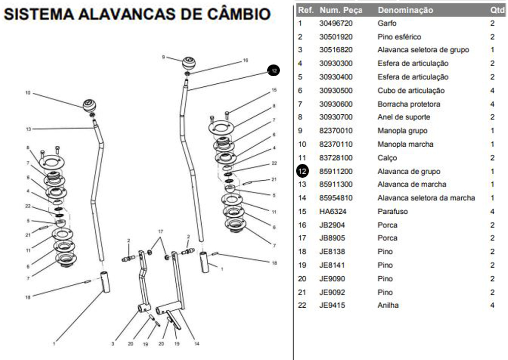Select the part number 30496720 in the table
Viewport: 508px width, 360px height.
[336, 23]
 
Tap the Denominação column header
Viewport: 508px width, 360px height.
[405, 10]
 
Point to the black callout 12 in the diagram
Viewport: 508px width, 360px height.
[274, 71]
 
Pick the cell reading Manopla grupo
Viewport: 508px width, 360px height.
[402, 130]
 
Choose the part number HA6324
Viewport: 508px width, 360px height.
[332, 211]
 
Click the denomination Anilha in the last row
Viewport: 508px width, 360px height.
[388, 305]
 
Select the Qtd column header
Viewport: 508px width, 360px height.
[497, 10]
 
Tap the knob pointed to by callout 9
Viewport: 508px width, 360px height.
[189, 64]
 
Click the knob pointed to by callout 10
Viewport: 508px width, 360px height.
[90, 106]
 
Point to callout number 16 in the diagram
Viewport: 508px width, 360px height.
[245, 60]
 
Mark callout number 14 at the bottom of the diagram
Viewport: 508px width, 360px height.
[197, 344]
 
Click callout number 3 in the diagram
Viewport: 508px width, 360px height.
[113, 344]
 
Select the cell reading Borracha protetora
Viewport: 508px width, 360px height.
[409, 104]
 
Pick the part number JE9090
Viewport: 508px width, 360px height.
[332, 278]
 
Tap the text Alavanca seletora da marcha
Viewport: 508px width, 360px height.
[426, 198]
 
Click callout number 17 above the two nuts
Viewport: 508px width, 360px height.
[161, 232]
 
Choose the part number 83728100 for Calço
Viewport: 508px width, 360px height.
[336, 158]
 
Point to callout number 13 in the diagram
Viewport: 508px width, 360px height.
[28, 129]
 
